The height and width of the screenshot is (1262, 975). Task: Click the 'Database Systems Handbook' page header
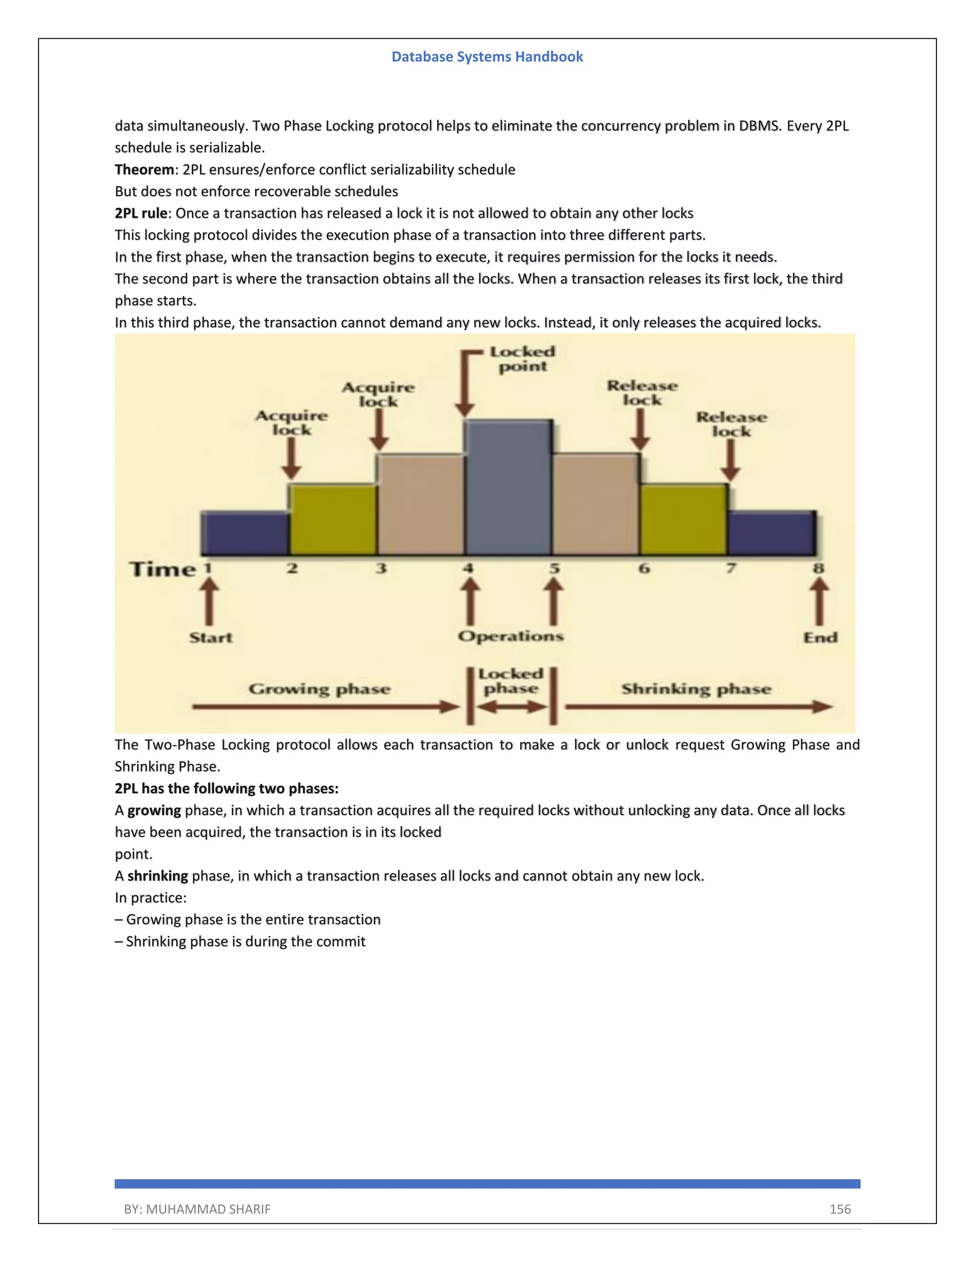[x=487, y=57]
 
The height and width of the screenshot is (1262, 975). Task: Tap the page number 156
[x=840, y=1209]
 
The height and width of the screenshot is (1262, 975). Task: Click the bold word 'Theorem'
[x=144, y=170]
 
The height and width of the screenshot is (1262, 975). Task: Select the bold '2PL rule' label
[x=141, y=213]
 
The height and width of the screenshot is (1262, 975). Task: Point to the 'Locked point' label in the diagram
[x=522, y=359]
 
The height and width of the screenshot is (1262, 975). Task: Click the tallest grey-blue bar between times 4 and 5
[x=508, y=488]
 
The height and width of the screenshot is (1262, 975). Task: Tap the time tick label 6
[x=644, y=569]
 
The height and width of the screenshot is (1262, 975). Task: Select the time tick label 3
[x=381, y=569]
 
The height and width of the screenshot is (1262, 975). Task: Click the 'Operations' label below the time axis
[x=511, y=636]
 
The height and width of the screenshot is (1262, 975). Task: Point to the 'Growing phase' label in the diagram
[x=319, y=689]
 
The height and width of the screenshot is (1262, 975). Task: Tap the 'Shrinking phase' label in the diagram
[x=696, y=689]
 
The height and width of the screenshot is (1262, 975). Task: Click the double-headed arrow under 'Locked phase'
[x=512, y=707]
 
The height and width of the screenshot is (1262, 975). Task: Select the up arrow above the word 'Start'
[x=209, y=601]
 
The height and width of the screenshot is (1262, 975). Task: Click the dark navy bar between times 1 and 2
[x=245, y=533]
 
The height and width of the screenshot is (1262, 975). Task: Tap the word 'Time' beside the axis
[x=163, y=570]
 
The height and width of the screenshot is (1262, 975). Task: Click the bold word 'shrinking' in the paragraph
[x=158, y=876]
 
